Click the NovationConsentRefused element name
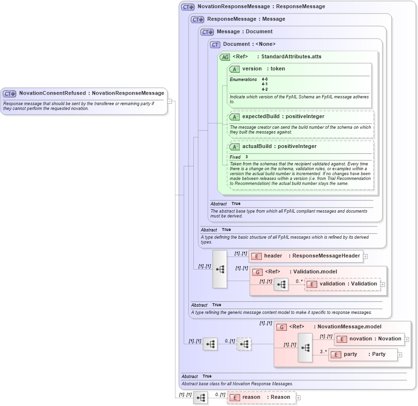pyautogui.click(x=53, y=93)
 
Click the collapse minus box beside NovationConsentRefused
pyautogui.click(x=170, y=101)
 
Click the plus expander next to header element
pyautogui.click(x=365, y=257)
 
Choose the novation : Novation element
pyautogui.click(x=370, y=339)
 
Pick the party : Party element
pyautogui.click(x=364, y=354)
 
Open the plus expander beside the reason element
pyautogui.click(x=298, y=398)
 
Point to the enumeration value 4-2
pyautogui.click(x=265, y=89)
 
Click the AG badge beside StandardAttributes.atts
pyautogui.click(x=225, y=57)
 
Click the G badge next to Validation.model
pyautogui.click(x=257, y=272)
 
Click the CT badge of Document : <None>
pyautogui.click(x=215, y=44)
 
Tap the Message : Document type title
pyautogui.click(x=244, y=32)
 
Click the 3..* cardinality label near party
pyautogui.click(x=323, y=352)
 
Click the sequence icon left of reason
pyautogui.click(x=201, y=397)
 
